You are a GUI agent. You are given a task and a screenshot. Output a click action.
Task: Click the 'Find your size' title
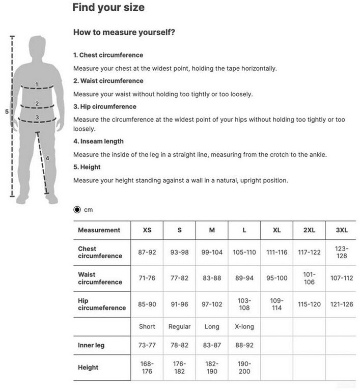(108, 8)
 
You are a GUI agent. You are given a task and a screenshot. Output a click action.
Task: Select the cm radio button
(77, 209)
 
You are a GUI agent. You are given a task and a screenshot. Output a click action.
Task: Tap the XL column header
(276, 230)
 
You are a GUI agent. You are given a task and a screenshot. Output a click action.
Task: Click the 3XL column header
(341, 230)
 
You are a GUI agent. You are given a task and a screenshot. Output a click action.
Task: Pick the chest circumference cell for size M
(212, 252)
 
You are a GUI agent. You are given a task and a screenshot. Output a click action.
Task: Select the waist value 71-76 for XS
(147, 278)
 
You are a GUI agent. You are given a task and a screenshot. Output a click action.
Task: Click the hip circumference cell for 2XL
(309, 304)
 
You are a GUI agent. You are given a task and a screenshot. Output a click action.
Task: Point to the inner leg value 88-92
(244, 345)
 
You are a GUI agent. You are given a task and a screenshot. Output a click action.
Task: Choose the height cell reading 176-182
(179, 367)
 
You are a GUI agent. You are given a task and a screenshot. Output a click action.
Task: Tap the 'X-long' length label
(244, 326)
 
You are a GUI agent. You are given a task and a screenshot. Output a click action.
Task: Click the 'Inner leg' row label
(91, 345)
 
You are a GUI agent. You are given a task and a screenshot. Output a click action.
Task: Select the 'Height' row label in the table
(88, 367)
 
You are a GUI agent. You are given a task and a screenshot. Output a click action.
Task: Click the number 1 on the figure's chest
(37, 85)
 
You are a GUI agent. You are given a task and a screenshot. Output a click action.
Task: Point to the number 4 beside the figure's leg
(47, 158)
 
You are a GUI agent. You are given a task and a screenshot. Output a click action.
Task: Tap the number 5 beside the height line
(7, 111)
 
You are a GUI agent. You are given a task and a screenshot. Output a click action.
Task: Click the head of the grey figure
(37, 46)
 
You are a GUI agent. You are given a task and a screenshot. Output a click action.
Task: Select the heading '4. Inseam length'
(98, 141)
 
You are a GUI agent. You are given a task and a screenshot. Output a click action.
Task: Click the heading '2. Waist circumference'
(108, 80)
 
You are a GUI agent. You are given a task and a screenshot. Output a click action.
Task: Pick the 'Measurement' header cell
(99, 230)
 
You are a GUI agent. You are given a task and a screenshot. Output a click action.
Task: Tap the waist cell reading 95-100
(276, 278)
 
